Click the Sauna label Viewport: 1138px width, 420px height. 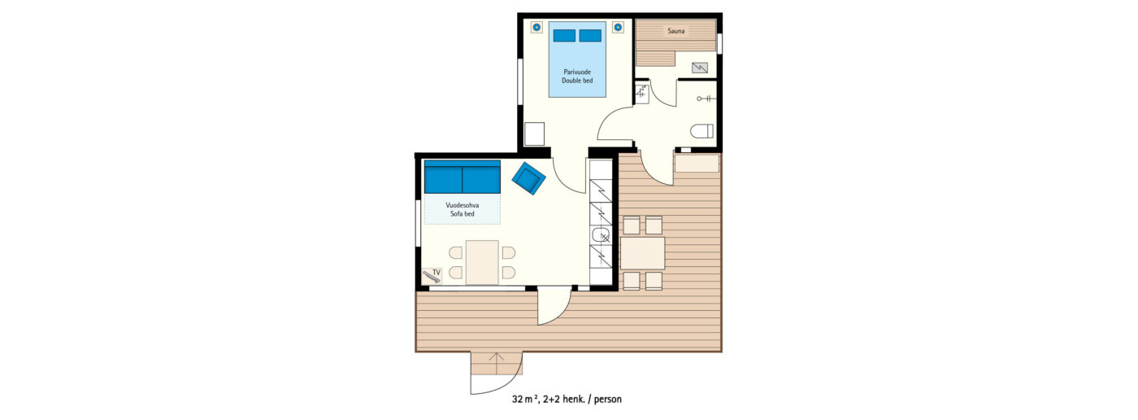(675, 31)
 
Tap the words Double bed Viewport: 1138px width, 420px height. (577, 81)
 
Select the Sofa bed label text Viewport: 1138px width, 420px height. (463, 213)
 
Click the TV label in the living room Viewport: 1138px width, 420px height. (437, 273)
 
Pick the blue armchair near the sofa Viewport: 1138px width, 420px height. (529, 178)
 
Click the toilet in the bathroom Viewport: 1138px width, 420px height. (701, 131)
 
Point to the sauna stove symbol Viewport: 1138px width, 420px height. (700, 67)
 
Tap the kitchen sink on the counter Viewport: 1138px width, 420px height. (601, 235)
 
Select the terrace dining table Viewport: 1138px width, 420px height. (642, 252)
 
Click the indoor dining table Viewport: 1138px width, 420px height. (482, 262)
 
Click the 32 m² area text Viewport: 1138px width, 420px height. (525, 399)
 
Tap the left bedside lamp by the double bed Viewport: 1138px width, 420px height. (536, 27)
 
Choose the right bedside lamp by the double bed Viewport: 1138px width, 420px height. (618, 27)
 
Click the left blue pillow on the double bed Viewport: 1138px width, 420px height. (564, 36)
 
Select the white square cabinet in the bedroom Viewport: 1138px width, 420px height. (535, 133)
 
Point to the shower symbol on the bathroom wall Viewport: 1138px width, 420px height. (706, 98)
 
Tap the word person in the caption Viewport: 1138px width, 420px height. (608, 400)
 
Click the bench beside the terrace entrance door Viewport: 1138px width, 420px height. (697, 164)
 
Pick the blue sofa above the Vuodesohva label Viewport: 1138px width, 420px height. (463, 177)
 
